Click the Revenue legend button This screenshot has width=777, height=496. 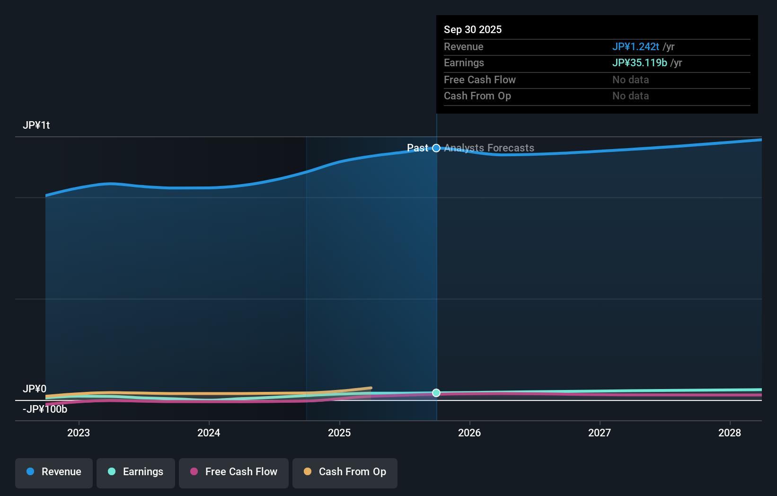click(54, 472)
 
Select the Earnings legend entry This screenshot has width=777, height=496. click(136, 472)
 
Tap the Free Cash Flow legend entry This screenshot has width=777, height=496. click(234, 472)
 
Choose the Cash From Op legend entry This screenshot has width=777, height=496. click(345, 472)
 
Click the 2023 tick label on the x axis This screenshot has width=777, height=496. click(79, 433)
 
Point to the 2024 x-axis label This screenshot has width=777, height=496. click(209, 433)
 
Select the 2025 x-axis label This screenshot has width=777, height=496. click(339, 433)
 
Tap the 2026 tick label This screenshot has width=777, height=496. click(469, 433)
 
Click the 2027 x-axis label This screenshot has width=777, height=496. click(600, 433)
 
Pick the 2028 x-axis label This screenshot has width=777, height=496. click(730, 433)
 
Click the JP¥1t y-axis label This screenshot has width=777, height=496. click(36, 125)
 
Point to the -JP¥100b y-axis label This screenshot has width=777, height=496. click(45, 409)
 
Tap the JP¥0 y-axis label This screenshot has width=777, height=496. click(35, 389)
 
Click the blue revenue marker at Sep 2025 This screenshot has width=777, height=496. click(436, 148)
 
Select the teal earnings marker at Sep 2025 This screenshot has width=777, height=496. click(436, 393)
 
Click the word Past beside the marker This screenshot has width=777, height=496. click(417, 148)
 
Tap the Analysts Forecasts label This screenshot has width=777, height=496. click(489, 148)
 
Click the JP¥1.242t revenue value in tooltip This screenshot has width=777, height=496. click(636, 47)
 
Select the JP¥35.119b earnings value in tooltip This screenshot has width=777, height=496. click(639, 63)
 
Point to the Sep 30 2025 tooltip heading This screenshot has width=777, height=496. click(473, 30)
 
